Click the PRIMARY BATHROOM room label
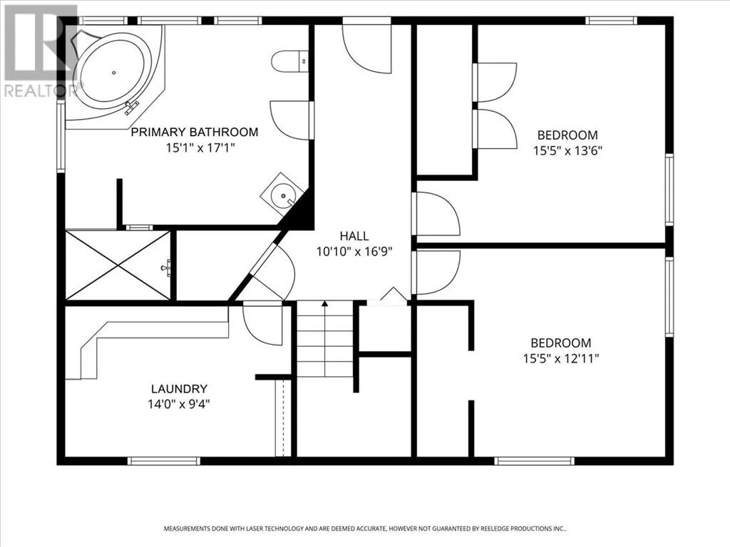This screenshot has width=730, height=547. [195, 132]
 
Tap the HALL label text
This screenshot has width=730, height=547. [354, 236]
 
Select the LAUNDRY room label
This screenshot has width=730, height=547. [179, 389]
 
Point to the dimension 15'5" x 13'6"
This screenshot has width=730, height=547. [567, 151]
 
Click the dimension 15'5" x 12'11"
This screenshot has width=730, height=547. [561, 359]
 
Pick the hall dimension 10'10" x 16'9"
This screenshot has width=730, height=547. [354, 251]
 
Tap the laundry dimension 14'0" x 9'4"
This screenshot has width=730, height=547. [179, 405]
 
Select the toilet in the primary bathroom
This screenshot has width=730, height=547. [289, 61]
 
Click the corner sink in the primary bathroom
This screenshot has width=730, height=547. [282, 194]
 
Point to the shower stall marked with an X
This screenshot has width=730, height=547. [118, 265]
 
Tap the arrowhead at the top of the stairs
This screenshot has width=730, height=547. [325, 303]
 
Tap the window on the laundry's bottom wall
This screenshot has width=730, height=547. [164, 461]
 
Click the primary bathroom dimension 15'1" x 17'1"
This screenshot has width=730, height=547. [200, 148]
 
